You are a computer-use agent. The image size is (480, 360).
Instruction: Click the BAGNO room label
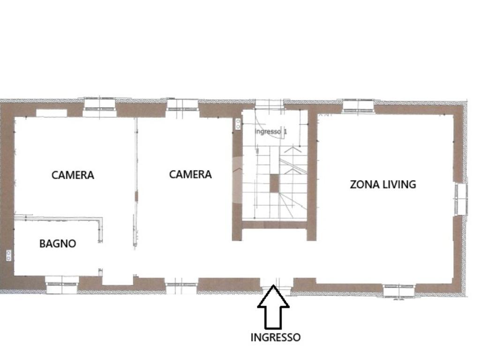(x=58, y=244)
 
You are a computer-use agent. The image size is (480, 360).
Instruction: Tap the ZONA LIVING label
(x=383, y=184)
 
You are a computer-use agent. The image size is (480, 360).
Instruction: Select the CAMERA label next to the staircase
(x=190, y=174)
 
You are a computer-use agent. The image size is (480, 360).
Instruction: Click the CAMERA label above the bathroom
(x=73, y=175)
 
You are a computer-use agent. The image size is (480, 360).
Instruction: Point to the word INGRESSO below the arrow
(x=276, y=337)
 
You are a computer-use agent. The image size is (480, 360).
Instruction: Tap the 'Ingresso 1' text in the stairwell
(x=271, y=132)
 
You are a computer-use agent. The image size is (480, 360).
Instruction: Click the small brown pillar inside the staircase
(x=274, y=183)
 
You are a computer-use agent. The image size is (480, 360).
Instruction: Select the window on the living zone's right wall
(x=461, y=199)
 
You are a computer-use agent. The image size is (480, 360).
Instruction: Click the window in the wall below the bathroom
(x=62, y=284)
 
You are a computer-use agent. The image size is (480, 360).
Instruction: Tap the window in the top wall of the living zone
(x=358, y=105)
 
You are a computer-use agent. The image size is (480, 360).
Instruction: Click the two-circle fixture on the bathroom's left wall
(x=8, y=256)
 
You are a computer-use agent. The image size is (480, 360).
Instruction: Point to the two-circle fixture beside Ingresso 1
(x=238, y=124)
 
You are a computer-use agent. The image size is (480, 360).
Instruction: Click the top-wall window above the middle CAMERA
(x=182, y=105)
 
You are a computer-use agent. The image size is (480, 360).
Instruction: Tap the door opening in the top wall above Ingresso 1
(x=270, y=105)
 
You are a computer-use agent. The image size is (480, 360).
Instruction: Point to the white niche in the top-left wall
(x=52, y=113)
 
